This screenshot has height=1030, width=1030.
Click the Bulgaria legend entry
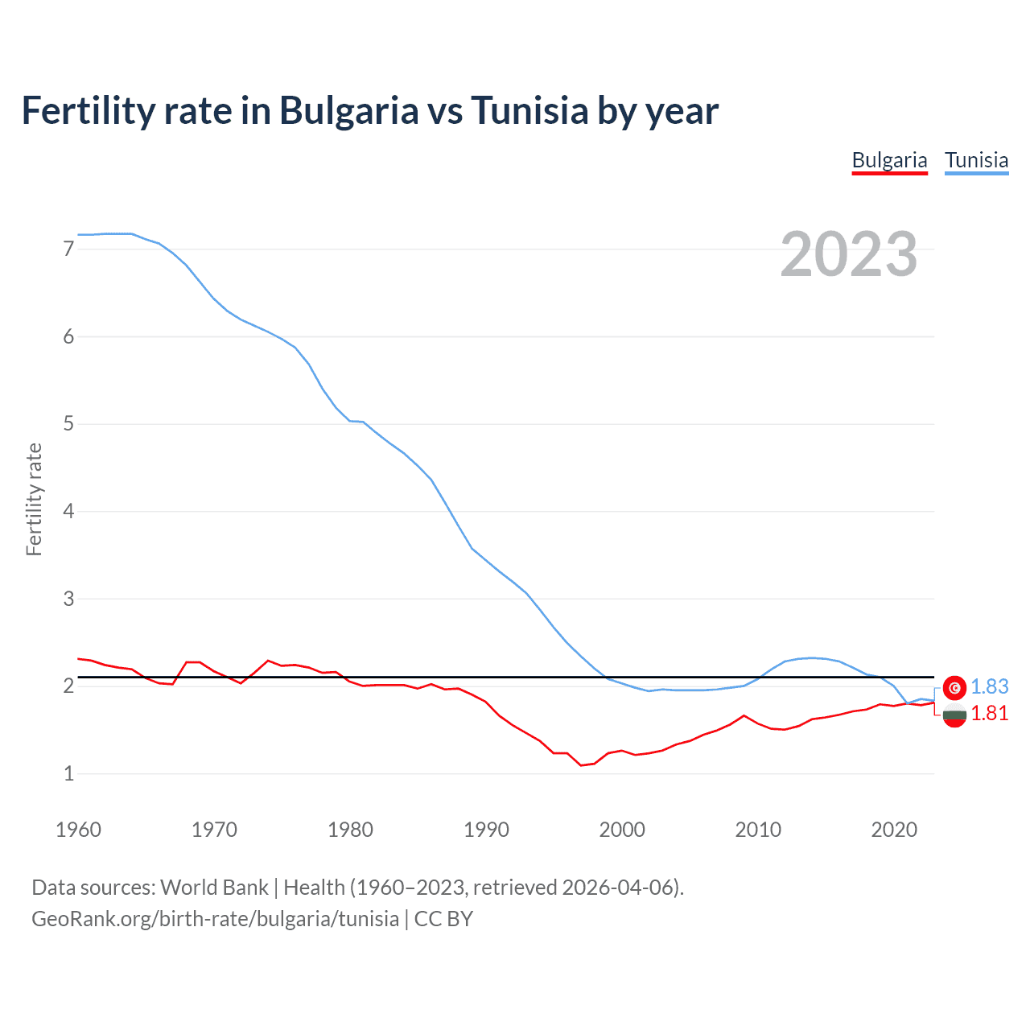pos(889,160)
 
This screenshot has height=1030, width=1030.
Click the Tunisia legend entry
pos(976,160)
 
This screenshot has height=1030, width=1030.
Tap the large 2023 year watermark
pos(848,254)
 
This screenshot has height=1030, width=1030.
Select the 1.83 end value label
pos(989,686)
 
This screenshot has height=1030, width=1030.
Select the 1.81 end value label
pos(989,714)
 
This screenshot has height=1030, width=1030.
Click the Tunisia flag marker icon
pos(954,687)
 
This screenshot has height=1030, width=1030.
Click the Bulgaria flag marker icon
pos(954,715)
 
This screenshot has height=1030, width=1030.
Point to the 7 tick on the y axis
pos(68,249)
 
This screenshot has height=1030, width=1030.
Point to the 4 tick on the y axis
pos(68,512)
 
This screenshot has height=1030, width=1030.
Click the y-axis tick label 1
pos(68,774)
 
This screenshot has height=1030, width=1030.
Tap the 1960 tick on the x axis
pos(78,830)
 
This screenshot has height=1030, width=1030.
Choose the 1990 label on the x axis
pos(486,830)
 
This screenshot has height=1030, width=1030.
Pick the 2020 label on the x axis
pos(894,830)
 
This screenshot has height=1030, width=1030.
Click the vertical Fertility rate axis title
pos(34,499)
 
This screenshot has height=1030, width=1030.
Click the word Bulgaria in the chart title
pos(348,111)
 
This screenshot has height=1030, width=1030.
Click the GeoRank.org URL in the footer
pos(215,919)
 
